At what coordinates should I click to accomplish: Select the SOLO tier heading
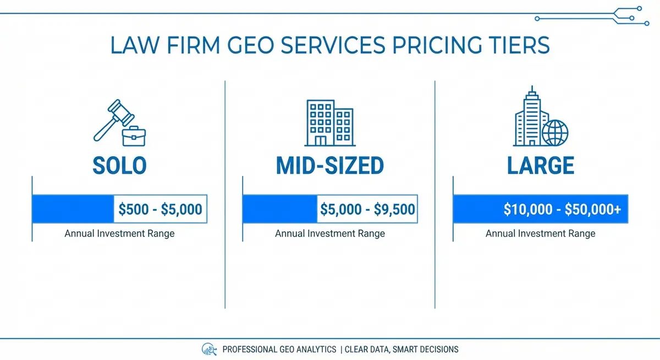point(119,165)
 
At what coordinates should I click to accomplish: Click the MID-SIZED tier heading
point(329,165)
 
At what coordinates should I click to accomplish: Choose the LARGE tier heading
point(540,165)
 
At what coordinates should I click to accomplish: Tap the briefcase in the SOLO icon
point(134,135)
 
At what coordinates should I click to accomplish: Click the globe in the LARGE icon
point(554,132)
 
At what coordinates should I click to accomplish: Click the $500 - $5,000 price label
point(161,209)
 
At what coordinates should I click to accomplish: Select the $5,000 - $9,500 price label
point(367,209)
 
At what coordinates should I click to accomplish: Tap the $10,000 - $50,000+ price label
point(562,209)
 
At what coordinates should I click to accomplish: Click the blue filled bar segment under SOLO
point(73,209)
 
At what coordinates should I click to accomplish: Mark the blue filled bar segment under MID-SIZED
point(280,209)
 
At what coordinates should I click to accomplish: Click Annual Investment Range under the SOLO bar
point(119,234)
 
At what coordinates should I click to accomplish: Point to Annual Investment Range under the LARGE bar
point(540,234)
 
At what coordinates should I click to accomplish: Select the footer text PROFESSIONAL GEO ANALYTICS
point(279,349)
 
